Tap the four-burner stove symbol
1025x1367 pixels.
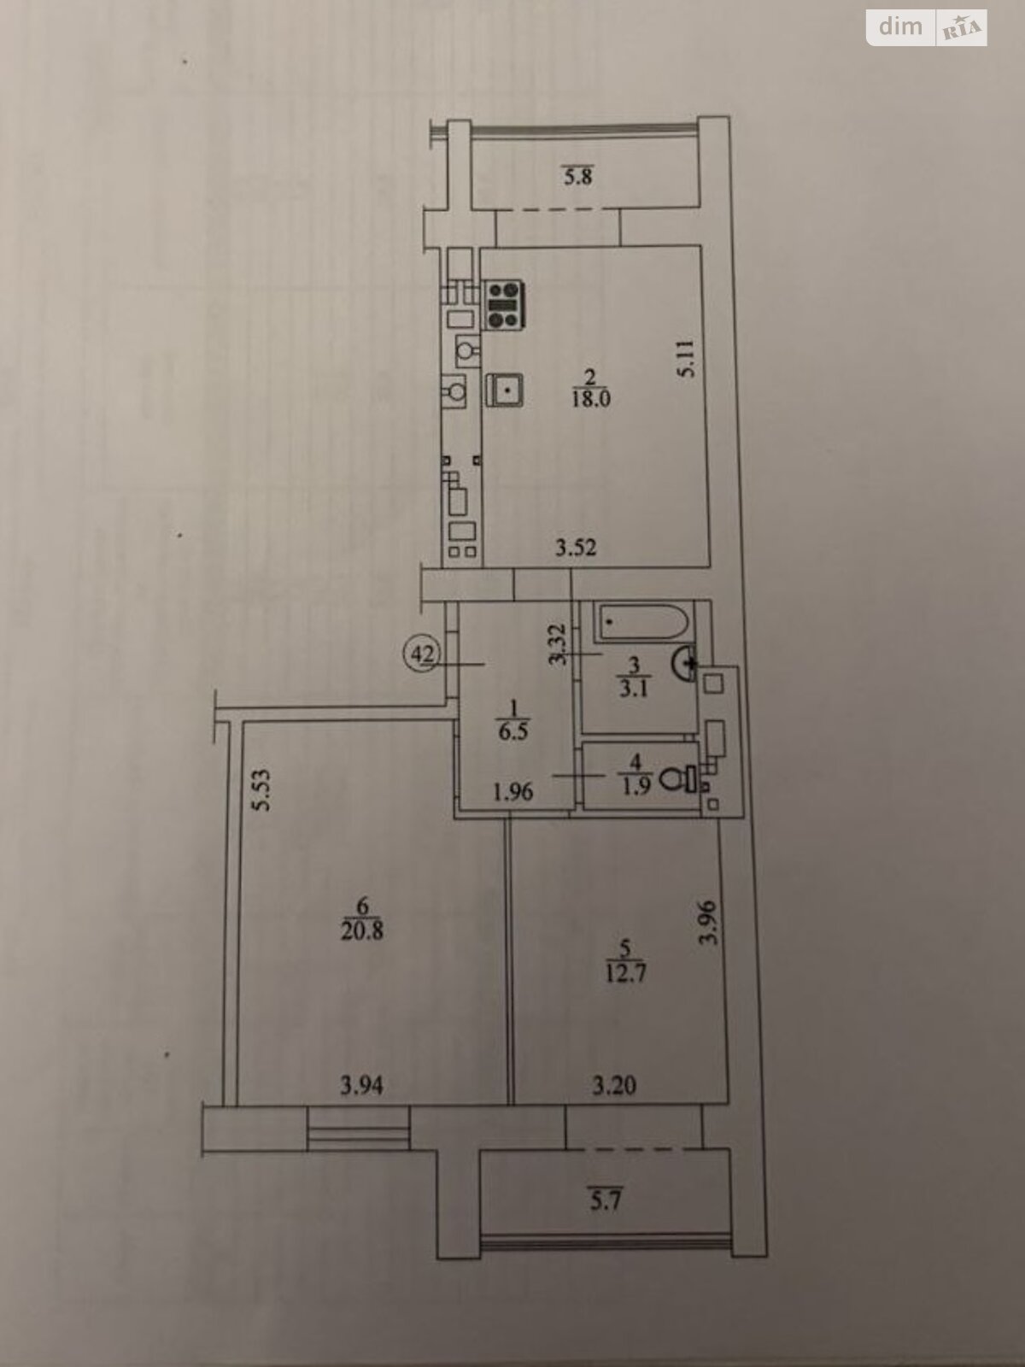[x=504, y=304]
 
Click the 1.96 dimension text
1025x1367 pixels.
[x=513, y=792]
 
